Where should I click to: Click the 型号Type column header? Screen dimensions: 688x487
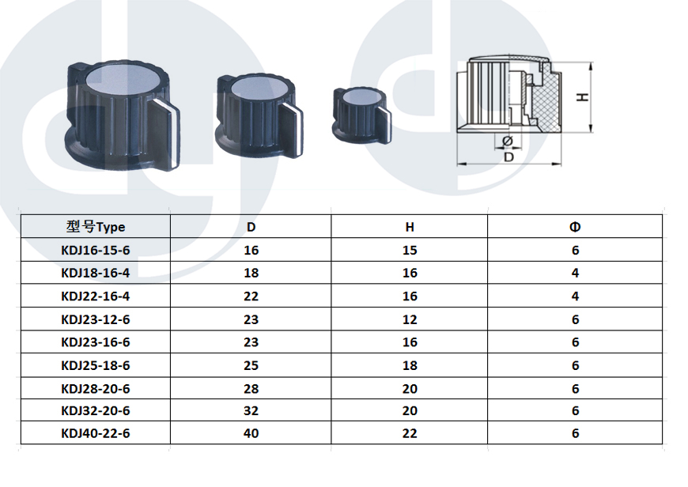96,227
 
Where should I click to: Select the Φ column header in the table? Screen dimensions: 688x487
575,227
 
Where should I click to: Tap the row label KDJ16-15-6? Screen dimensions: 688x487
96,250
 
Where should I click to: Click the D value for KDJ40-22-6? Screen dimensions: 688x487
251,433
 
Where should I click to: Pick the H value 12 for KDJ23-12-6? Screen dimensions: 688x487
410,319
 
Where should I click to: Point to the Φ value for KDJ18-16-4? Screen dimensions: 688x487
575,273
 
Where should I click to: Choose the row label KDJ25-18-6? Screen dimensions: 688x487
96,365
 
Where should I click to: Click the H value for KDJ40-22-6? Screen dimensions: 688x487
410,433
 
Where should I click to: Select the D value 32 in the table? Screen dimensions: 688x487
251,410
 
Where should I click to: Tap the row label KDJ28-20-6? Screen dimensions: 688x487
96,389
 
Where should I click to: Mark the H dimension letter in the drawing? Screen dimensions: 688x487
582,97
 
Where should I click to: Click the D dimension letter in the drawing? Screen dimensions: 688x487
508,157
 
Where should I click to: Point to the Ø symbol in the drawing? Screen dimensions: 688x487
507,141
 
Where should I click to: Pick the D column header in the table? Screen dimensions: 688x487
251,227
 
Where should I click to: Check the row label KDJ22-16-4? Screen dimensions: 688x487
96,296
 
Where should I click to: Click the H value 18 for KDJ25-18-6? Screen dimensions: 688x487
410,365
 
